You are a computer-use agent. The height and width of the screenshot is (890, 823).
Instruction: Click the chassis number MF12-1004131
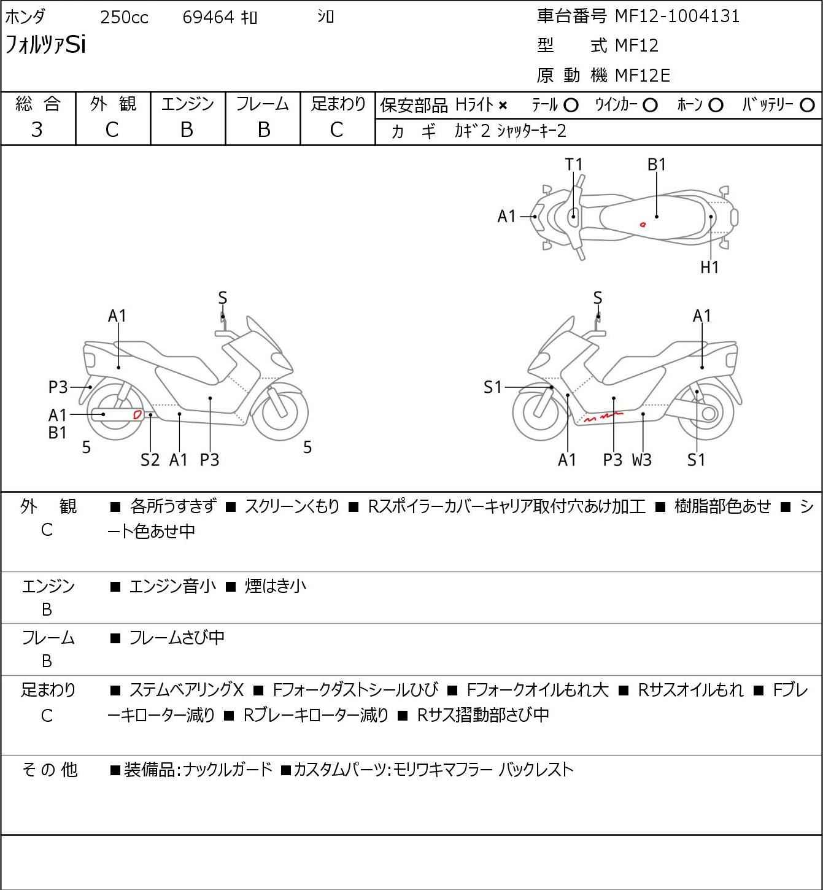pyautogui.click(x=677, y=16)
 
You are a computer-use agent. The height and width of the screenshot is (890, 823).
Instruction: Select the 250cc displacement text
pyautogui.click(x=124, y=18)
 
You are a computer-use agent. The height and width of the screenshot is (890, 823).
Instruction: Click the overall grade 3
pyautogui.click(x=37, y=130)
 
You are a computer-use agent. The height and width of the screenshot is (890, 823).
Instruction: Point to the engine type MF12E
pyautogui.click(x=642, y=75)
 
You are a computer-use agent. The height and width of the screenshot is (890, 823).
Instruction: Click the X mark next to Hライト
pyautogui.click(x=503, y=106)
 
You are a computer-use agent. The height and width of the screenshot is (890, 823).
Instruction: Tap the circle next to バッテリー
pyautogui.click(x=808, y=106)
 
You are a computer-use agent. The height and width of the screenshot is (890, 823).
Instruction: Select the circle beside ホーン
pyautogui.click(x=716, y=106)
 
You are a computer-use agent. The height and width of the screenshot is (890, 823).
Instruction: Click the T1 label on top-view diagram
pyautogui.click(x=573, y=164)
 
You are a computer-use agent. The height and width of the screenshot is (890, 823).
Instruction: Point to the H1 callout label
pyautogui.click(x=709, y=267)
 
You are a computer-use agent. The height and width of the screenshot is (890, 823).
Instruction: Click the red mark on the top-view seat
pyautogui.click(x=643, y=224)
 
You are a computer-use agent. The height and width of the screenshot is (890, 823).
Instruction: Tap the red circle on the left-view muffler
pyautogui.click(x=137, y=414)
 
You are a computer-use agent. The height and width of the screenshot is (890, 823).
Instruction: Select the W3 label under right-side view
pyautogui.click(x=642, y=460)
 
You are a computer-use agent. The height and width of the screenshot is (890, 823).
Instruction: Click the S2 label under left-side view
pyautogui.click(x=150, y=460)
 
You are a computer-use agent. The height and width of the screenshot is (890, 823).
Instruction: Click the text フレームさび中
pyautogui.click(x=177, y=638)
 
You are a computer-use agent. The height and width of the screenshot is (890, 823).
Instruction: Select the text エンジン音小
pyautogui.click(x=172, y=586)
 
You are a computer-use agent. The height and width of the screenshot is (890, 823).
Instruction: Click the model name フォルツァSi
pyautogui.click(x=45, y=45)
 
